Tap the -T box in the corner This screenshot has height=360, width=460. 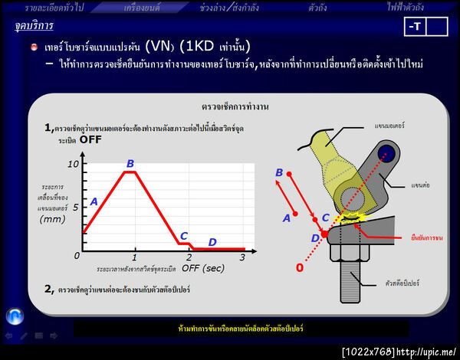point(415,27)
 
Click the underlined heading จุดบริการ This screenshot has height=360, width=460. point(34,26)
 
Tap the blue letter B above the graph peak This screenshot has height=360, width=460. point(130,163)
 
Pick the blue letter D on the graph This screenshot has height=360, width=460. point(212,242)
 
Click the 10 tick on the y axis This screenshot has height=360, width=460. point(73,165)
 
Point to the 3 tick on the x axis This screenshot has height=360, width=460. point(242,257)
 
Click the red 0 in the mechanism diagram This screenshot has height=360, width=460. point(300,268)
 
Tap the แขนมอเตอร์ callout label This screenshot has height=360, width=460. point(390,124)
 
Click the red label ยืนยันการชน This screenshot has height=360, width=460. point(427,239)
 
